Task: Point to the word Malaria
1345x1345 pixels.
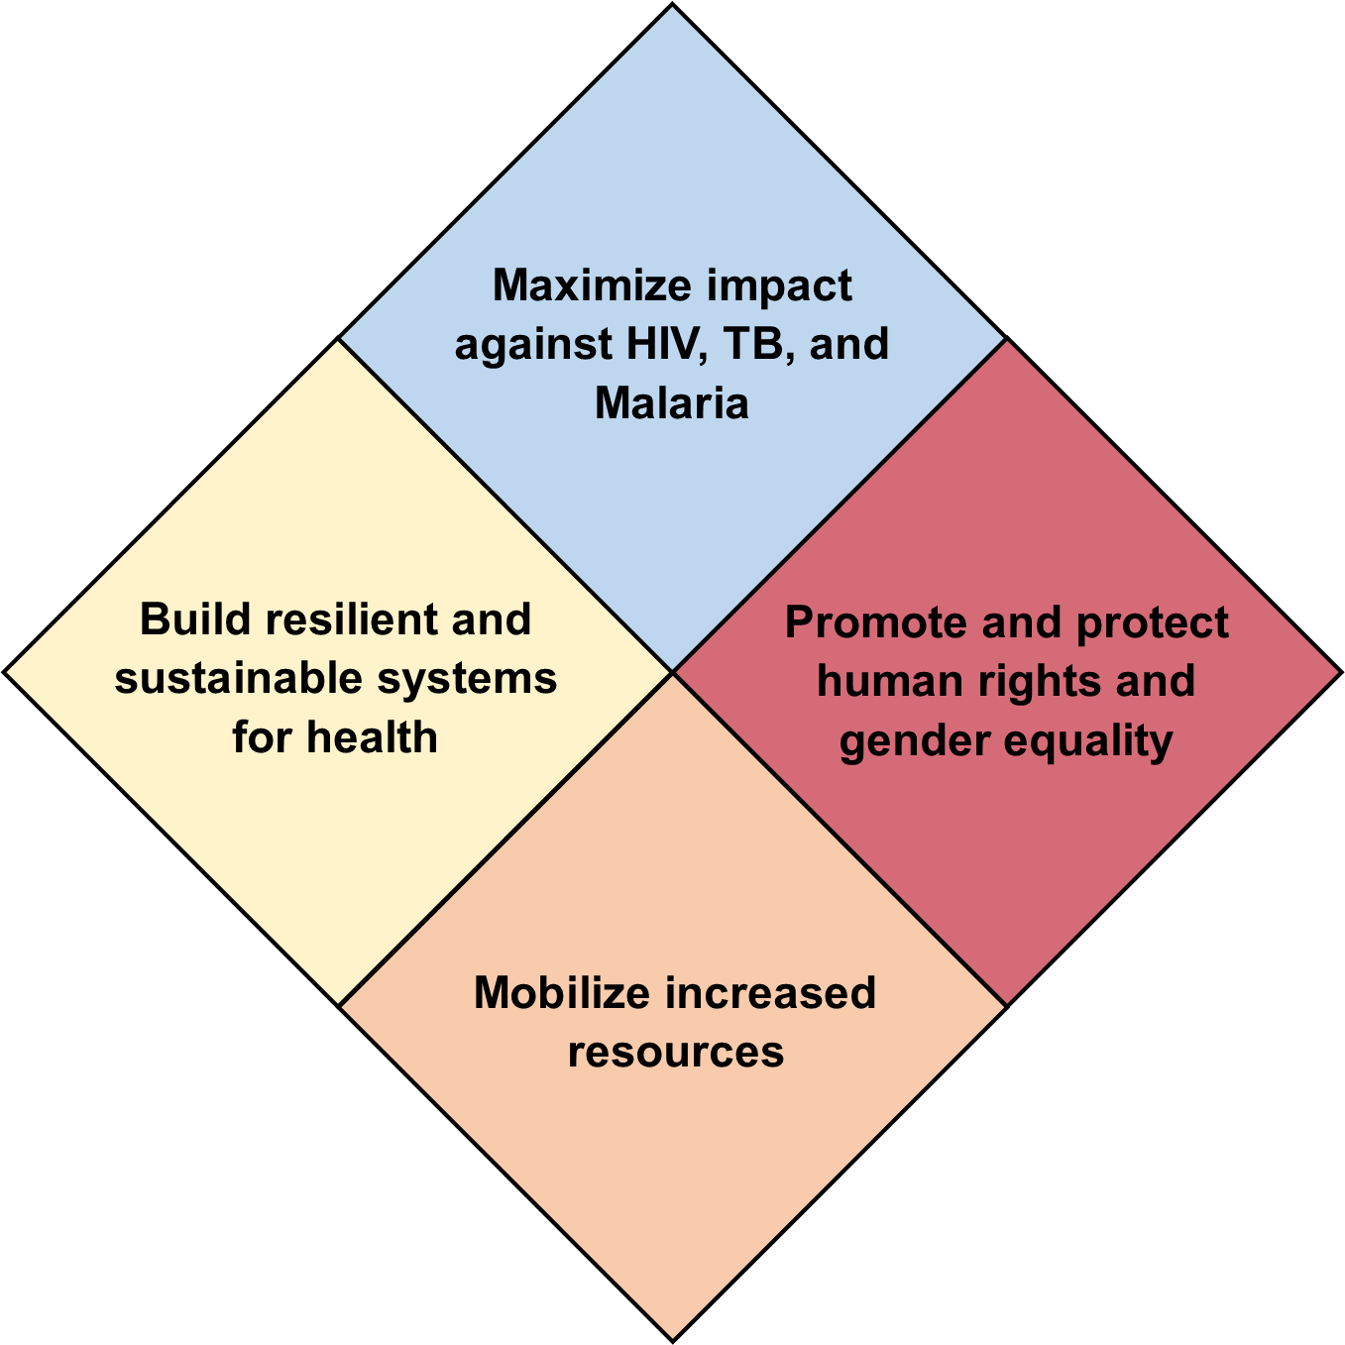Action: [x=671, y=403]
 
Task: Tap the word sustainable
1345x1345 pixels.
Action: [x=239, y=678]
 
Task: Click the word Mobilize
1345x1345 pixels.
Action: [x=562, y=992]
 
